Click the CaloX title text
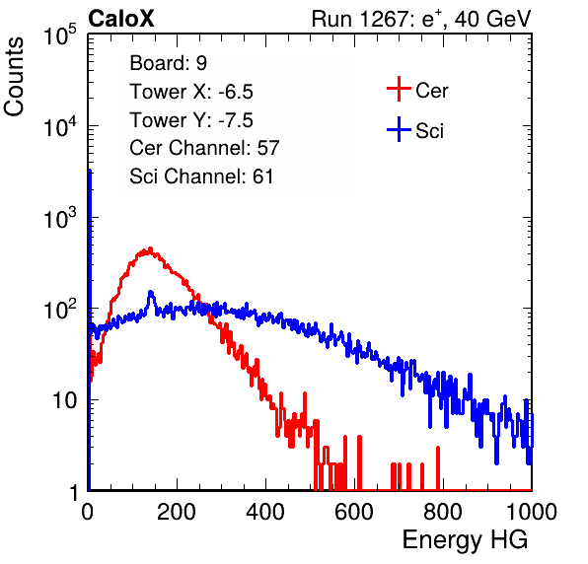120,19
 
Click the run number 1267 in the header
383,19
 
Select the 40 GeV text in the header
492,19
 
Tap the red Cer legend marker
399,89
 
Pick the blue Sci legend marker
399,130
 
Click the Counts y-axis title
14,77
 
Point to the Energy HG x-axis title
465,540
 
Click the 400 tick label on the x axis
265,511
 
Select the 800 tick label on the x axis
443,511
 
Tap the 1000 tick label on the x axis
532,511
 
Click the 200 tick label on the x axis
177,511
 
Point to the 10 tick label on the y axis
65,400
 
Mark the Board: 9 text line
168,63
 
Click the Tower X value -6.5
236,92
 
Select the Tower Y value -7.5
236,120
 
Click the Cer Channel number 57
268,148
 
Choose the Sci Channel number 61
262,176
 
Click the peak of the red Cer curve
150,248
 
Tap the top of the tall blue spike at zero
90,171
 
